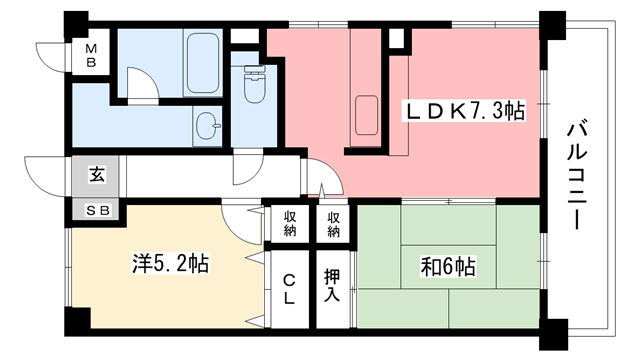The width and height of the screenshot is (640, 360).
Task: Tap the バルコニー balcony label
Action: click(x=577, y=176)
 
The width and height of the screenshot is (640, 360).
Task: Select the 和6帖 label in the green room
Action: click(x=447, y=267)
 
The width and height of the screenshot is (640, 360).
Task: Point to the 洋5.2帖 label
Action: click(x=171, y=264)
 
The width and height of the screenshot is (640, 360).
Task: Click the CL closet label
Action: click(x=288, y=289)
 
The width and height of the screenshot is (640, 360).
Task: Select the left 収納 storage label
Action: click(x=288, y=224)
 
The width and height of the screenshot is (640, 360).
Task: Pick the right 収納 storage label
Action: click(x=333, y=224)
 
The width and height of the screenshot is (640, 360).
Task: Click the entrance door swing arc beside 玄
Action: click(x=45, y=175)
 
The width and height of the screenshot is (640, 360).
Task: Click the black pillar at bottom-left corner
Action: click(x=74, y=323)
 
